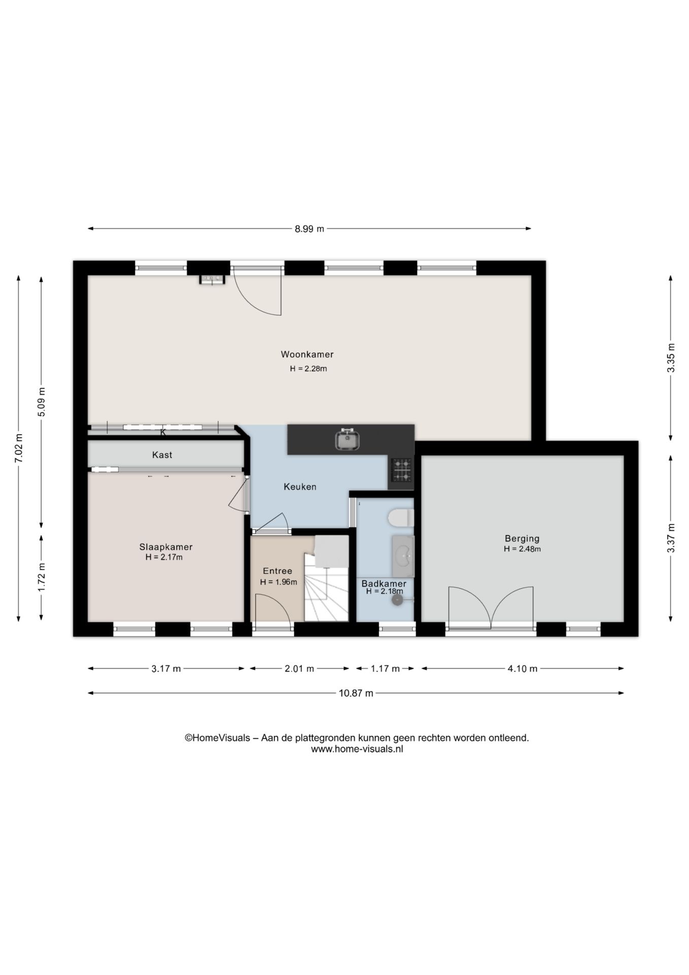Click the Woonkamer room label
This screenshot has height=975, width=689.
pyautogui.click(x=307, y=354)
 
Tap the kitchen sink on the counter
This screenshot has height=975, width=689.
pyautogui.click(x=348, y=440)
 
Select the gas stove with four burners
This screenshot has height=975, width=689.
pyautogui.click(x=401, y=470)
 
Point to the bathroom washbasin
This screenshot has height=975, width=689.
pyautogui.click(x=403, y=556)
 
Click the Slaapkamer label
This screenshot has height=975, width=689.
pyautogui.click(x=166, y=547)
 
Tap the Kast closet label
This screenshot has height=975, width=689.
pyautogui.click(x=162, y=455)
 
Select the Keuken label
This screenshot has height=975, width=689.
pyautogui.click(x=300, y=486)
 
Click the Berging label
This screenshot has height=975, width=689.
pyautogui.click(x=522, y=538)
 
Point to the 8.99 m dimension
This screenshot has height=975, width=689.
pyautogui.click(x=309, y=229)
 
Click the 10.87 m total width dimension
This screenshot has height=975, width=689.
pyautogui.click(x=356, y=693)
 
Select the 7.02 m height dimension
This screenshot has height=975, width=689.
pyautogui.click(x=19, y=448)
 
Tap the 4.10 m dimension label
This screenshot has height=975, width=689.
pyautogui.click(x=523, y=669)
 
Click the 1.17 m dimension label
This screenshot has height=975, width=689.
pyautogui.click(x=385, y=669)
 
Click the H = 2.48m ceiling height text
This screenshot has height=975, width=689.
pyautogui.click(x=522, y=549)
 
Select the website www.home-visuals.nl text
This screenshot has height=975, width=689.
pyautogui.click(x=357, y=749)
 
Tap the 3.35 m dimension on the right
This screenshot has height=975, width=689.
pyautogui.click(x=671, y=358)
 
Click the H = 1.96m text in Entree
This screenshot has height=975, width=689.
pyautogui.click(x=279, y=582)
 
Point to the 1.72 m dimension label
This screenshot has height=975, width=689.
pyautogui.click(x=42, y=577)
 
